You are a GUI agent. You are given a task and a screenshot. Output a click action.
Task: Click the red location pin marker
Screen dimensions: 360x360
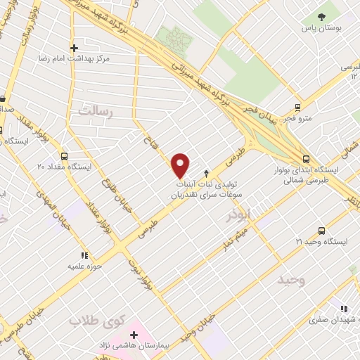(x=181, y=165)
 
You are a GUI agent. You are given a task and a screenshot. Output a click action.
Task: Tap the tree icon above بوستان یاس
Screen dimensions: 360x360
(x=321, y=16)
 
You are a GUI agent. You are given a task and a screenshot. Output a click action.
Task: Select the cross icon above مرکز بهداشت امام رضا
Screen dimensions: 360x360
(x=74, y=48)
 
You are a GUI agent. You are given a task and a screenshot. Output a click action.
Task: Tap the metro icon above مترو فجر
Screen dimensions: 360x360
(x=298, y=108)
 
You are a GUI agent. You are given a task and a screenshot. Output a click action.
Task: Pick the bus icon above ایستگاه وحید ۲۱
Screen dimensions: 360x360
(x=322, y=231)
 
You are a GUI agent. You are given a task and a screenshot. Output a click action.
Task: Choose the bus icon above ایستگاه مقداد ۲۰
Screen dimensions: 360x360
(x=65, y=157)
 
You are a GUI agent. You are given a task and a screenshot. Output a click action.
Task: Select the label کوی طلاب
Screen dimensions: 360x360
(x=96, y=321)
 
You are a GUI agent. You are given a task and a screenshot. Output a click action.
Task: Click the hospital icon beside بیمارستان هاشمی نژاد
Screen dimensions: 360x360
(x=134, y=335)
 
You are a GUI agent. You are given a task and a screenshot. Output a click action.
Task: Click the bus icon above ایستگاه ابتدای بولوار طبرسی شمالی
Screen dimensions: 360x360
(x=305, y=160)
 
